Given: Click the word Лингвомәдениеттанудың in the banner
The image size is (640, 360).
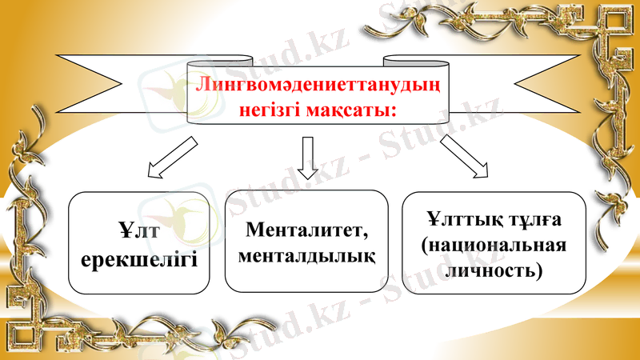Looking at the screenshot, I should coord(319,84).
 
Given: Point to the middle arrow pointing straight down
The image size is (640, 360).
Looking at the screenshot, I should coord(306,156).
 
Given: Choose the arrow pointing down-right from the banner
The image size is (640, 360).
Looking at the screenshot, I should coord(466,155).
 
